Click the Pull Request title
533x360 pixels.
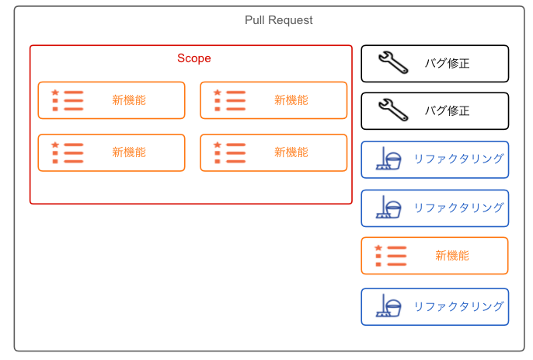coord(278,20)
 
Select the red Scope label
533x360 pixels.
coord(194,58)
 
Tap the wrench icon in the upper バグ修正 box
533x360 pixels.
coord(393,63)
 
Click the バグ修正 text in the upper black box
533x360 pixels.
coord(448,63)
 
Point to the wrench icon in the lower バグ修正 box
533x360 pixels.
coord(393,110)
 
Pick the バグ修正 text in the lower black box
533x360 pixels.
coord(448,110)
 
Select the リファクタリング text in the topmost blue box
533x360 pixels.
coord(458,159)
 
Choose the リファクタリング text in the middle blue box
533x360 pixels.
coord(458,208)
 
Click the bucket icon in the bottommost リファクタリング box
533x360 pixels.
coord(394,308)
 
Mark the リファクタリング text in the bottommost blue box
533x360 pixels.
coord(458,306)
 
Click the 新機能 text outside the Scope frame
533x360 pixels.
coord(452,256)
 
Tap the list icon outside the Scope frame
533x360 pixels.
coord(391,256)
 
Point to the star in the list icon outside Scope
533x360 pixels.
coord(378,248)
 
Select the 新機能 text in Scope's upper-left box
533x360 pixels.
coord(129,100)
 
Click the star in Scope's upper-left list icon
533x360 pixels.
coord(55,93)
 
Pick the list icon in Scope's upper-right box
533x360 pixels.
coord(229,100)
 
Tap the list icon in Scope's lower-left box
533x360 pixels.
coord(68,152)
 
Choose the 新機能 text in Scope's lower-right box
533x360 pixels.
coord(291,152)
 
